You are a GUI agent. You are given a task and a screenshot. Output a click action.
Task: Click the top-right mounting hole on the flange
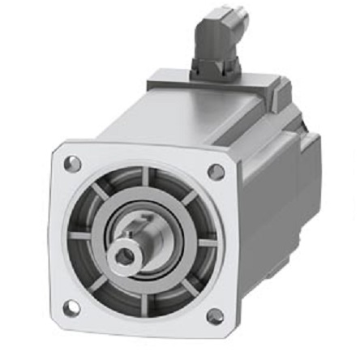click(x=216, y=171)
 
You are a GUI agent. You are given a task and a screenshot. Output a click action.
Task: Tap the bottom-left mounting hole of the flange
click(x=71, y=307)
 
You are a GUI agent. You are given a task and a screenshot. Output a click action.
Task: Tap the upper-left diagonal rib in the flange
click(x=99, y=191)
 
